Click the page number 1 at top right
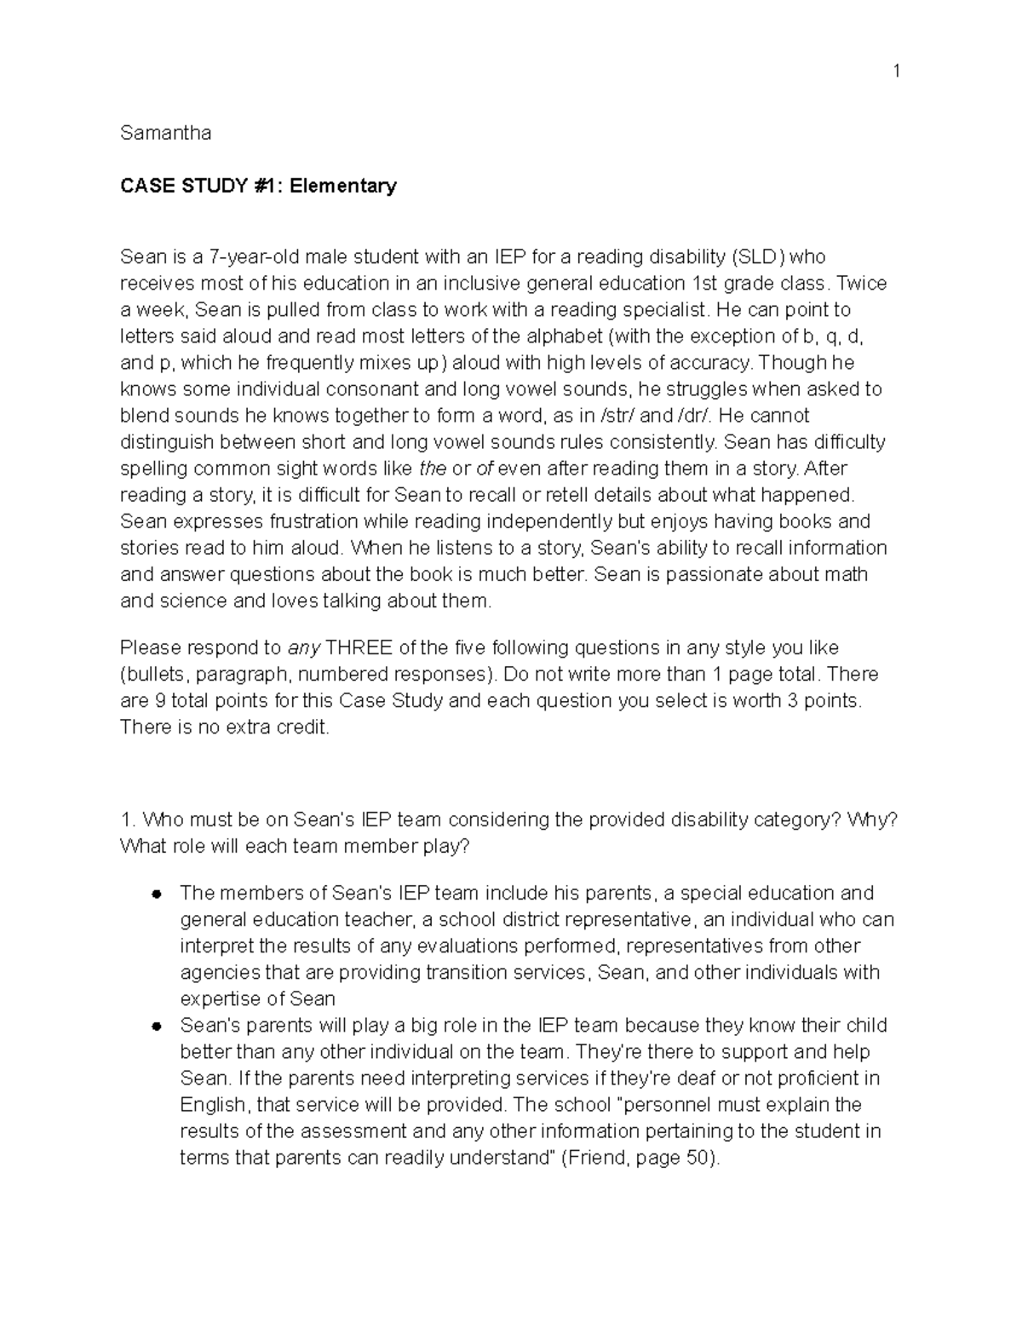click(x=896, y=71)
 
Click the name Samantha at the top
click(x=165, y=133)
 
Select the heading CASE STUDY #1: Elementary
click(x=258, y=186)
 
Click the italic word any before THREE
click(x=304, y=647)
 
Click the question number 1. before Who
click(x=128, y=820)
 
